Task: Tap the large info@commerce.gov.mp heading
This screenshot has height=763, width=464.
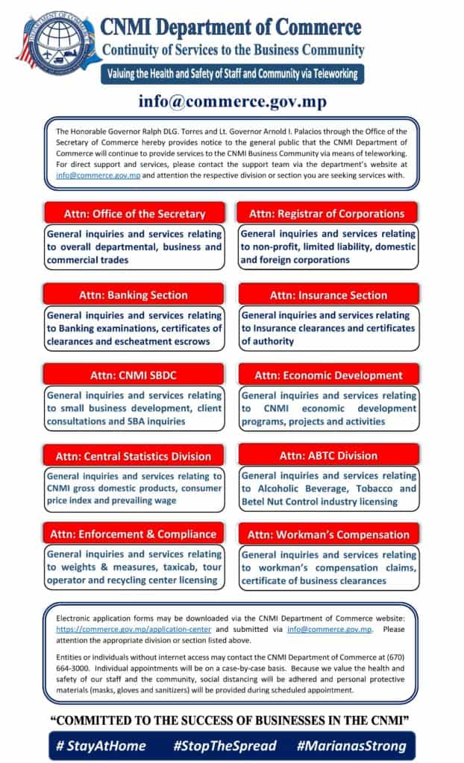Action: pyautogui.click(x=232, y=101)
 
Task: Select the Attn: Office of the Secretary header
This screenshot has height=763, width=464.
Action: pyautogui.click(x=134, y=213)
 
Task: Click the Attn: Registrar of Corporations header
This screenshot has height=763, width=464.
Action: pyautogui.click(x=327, y=213)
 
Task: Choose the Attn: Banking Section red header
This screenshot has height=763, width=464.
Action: pyautogui.click(x=134, y=294)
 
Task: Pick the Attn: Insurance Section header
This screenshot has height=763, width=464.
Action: pyautogui.click(x=328, y=294)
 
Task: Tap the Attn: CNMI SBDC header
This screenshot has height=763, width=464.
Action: pyautogui.click(x=134, y=375)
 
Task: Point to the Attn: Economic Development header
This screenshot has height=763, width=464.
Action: pyautogui.click(x=328, y=375)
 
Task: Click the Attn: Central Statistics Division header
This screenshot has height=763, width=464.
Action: pyautogui.click(x=134, y=455)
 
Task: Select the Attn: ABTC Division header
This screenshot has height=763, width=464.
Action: pyautogui.click(x=328, y=455)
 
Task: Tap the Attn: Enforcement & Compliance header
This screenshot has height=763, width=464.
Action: pyautogui.click(x=134, y=534)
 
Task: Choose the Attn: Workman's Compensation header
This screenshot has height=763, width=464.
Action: pyautogui.click(x=328, y=534)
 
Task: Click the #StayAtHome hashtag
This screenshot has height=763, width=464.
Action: pyautogui.click(x=101, y=745)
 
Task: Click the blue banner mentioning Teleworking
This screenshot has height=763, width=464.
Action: pyautogui.click(x=232, y=74)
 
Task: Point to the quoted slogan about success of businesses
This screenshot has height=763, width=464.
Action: pyautogui.click(x=232, y=721)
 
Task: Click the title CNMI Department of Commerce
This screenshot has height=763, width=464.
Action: pyautogui.click(x=231, y=28)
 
